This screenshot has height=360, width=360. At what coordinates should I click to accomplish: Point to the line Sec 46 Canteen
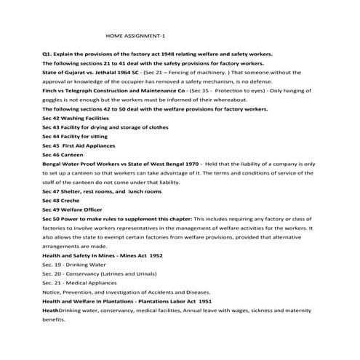[63, 155]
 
